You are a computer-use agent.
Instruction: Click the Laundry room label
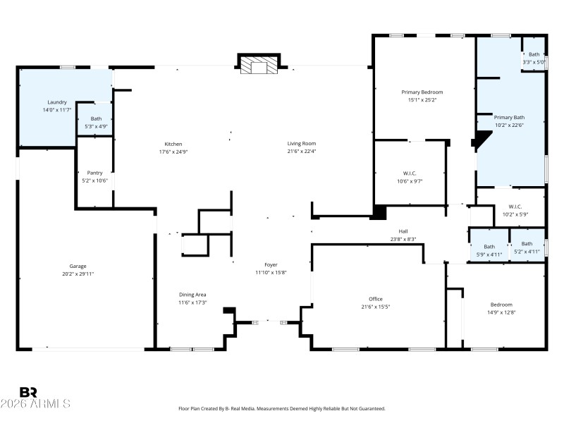[x=56, y=102]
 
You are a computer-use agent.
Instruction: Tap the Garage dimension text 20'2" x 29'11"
[x=78, y=274]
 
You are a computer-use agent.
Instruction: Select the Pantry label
[x=94, y=173]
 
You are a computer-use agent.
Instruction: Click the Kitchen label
[x=173, y=144]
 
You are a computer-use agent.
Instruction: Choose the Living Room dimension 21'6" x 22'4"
[x=301, y=151]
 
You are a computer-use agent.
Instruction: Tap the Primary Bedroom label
[x=422, y=92]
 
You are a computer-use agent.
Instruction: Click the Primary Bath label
[x=509, y=118]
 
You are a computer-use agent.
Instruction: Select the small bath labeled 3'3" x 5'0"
[x=534, y=59]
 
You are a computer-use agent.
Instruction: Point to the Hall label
[x=403, y=231]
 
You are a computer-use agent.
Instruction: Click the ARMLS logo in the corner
[x=35, y=398]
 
